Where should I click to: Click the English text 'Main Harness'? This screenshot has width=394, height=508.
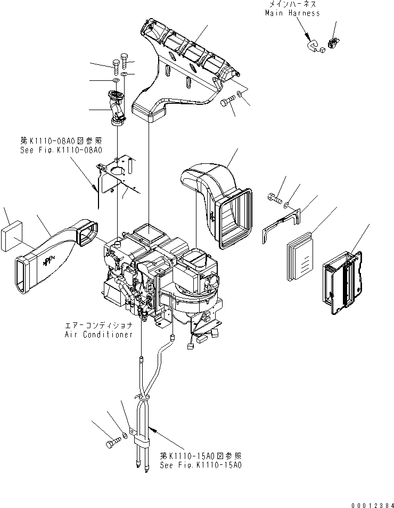(x=292, y=13)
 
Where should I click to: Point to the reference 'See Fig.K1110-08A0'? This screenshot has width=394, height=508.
(x=60, y=150)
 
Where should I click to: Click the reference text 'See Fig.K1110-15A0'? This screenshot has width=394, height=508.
(x=201, y=464)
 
